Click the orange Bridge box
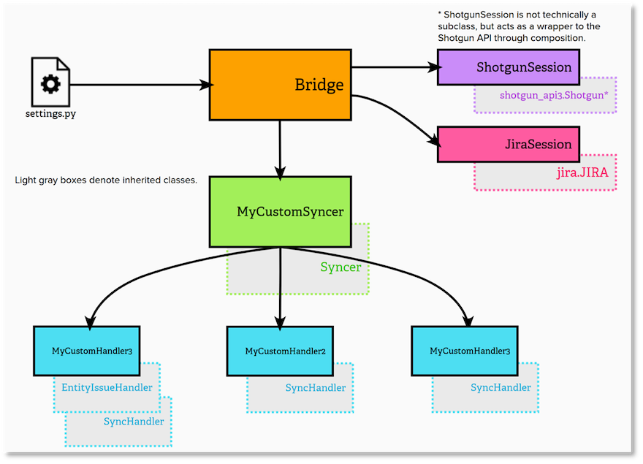280,85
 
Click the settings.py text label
50,114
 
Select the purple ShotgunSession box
508,67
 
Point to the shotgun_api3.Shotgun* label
554,96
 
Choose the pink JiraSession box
508,144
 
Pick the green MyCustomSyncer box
280,211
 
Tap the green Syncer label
340,267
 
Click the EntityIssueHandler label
107,387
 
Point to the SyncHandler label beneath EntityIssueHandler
134,422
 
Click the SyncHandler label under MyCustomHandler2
316,388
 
